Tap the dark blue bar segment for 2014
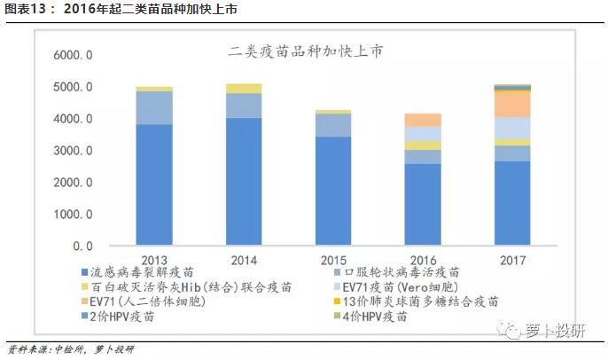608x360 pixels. pyautogui.click(x=244, y=181)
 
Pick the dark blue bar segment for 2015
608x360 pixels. pyautogui.click(x=333, y=191)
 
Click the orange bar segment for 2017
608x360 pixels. pyautogui.click(x=512, y=104)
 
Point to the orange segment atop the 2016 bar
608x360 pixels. pyautogui.click(x=423, y=120)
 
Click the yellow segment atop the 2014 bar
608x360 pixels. pyautogui.click(x=244, y=88)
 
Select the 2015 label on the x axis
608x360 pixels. pyautogui.click(x=333, y=260)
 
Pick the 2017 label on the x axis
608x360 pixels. pyautogui.click(x=512, y=260)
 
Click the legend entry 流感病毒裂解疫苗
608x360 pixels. pyautogui.click(x=142, y=273)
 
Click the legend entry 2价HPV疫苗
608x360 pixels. pyautogui.click(x=123, y=316)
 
